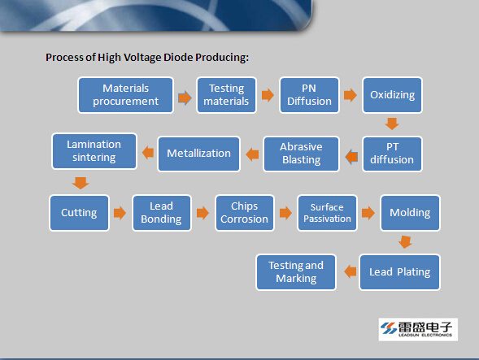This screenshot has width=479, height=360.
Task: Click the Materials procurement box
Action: click(125, 95)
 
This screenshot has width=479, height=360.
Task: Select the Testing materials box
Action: click(226, 95)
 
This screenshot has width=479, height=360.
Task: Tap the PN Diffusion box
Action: click(309, 95)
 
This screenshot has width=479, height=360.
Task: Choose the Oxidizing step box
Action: click(392, 95)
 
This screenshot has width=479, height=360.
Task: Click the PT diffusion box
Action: click(392, 154)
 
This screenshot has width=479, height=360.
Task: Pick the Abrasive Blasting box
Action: click(301, 154)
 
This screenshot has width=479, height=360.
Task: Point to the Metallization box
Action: click(199, 154)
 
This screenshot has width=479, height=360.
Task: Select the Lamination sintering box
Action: click(94, 151)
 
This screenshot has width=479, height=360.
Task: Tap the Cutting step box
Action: click(79, 213)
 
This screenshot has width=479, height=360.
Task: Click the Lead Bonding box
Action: click(162, 213)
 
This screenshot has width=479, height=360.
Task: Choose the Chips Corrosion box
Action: click(245, 213)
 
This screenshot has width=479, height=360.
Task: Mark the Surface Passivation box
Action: click(327, 213)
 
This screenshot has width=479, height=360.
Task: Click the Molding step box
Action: click(410, 213)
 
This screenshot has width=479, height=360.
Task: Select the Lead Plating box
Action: click(399, 272)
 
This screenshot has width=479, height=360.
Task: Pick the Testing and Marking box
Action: click(296, 272)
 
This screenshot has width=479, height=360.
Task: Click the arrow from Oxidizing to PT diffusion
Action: click(392, 124)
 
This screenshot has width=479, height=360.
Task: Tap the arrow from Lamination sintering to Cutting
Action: click(81, 183)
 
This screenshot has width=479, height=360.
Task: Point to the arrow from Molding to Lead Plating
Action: click(405, 242)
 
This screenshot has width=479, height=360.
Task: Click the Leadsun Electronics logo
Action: click(418, 329)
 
